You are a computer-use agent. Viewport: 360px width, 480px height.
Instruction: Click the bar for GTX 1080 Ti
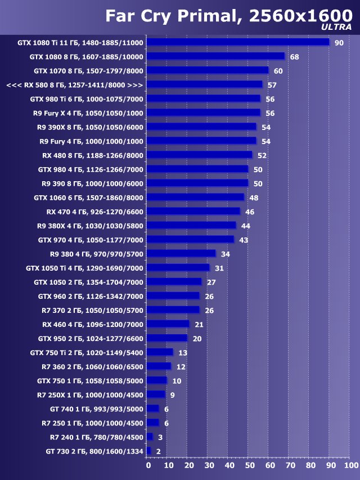pyautogui.click(x=238, y=42)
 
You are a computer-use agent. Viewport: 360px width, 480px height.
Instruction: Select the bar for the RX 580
pyautogui.click(x=204, y=84)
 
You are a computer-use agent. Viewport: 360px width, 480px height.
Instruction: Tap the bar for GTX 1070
pyautogui.click(x=208, y=70)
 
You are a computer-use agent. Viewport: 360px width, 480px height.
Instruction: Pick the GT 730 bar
pyautogui.click(x=148, y=451)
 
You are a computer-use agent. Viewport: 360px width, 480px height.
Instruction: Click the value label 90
pyautogui.click(x=339, y=43)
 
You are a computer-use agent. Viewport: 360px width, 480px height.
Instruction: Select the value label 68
pyautogui.click(x=294, y=57)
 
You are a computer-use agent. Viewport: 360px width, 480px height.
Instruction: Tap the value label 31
pyautogui.click(x=218, y=268)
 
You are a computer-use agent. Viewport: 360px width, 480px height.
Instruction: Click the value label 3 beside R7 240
pyautogui.click(x=160, y=437)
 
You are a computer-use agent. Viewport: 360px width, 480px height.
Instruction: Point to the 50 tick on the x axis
pyautogui.click(x=249, y=465)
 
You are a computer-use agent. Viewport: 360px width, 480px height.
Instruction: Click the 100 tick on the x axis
pyautogui.click(x=350, y=465)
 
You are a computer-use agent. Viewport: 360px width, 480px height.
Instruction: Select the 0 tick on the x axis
pyautogui.click(x=148, y=465)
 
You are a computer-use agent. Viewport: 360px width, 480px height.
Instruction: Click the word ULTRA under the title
pyautogui.click(x=336, y=26)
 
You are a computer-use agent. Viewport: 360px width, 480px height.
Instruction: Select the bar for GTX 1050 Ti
pyautogui.click(x=178, y=268)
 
